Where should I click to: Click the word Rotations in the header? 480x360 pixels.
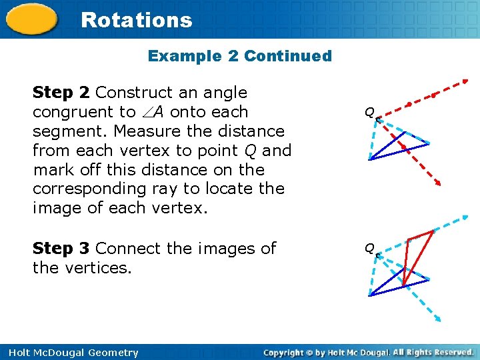(136, 20)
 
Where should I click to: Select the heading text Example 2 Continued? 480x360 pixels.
(239, 56)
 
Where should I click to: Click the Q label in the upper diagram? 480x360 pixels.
(369, 113)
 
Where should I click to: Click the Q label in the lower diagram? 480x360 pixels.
(369, 249)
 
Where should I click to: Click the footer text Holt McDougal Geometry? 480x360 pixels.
(70, 353)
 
